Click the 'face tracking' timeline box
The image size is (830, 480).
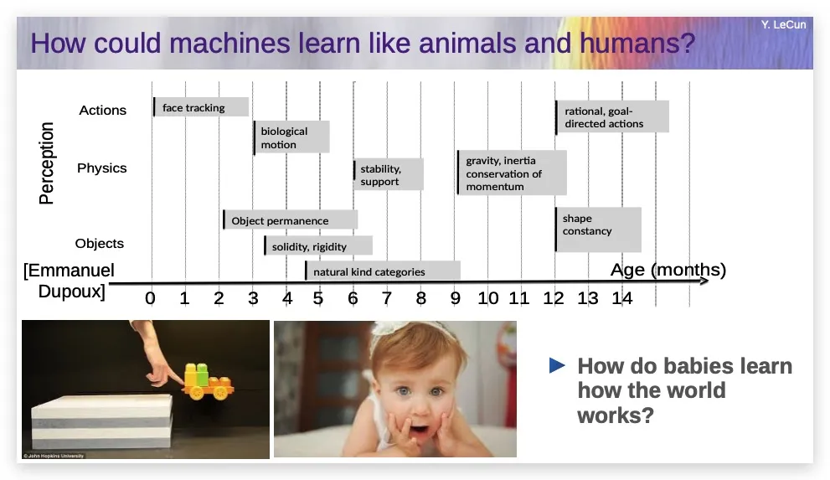(201, 107)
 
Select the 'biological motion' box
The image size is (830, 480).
(291, 137)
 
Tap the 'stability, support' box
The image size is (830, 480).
(389, 174)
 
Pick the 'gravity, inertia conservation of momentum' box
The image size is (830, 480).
(512, 173)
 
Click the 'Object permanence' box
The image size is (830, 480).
(290, 219)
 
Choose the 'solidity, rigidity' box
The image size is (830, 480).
(318, 245)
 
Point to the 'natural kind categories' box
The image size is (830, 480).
(383, 271)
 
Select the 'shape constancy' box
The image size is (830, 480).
(598, 230)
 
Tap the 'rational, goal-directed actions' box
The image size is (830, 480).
(612, 116)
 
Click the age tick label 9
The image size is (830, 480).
(456, 298)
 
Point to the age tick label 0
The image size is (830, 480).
(150, 298)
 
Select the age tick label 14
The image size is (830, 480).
(622, 298)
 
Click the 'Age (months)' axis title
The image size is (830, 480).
(668, 270)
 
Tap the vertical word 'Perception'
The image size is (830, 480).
(47, 163)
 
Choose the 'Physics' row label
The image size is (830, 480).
(102, 168)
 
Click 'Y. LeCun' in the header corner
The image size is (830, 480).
(783, 25)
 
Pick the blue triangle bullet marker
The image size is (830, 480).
(557, 365)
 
